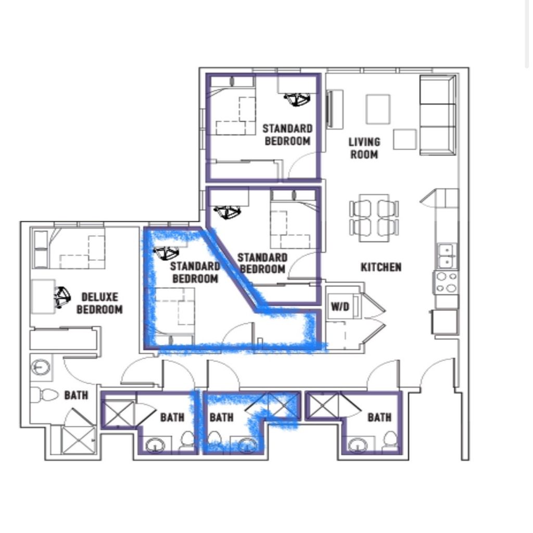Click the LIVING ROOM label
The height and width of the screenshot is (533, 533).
(x=364, y=148)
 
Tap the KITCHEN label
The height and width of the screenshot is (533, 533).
(x=380, y=267)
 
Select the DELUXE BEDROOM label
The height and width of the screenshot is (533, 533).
(x=99, y=303)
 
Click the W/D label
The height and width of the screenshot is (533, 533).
(x=340, y=307)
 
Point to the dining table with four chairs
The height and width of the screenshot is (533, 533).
(x=374, y=218)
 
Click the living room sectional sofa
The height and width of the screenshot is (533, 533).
(x=438, y=115)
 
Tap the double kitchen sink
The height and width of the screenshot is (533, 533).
(x=447, y=256)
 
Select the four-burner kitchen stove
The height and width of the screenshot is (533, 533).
(x=446, y=282)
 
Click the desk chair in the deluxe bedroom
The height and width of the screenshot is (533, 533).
(x=62, y=297)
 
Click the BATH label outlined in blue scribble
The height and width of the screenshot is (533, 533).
(x=221, y=417)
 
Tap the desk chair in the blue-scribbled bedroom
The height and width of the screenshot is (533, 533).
(x=166, y=253)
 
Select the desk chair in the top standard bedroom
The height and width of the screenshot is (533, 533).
(x=297, y=99)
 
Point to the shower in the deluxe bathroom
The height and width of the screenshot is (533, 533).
(x=78, y=440)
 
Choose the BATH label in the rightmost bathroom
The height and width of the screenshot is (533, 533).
(x=379, y=417)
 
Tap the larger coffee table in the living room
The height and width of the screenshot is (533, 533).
(x=378, y=109)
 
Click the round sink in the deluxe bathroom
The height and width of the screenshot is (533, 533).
(x=41, y=367)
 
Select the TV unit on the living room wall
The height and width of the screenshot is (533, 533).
(x=335, y=109)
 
